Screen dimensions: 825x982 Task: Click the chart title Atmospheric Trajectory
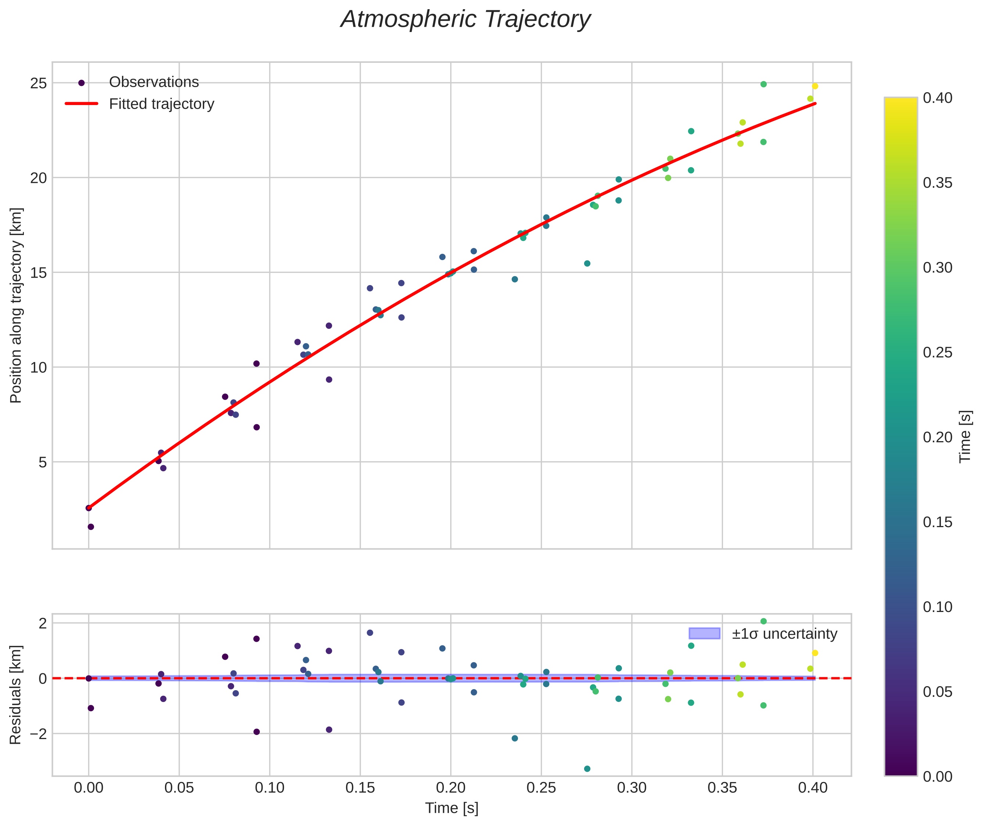click(465, 19)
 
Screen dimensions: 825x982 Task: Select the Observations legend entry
click(154, 82)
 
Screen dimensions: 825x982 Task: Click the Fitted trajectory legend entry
click(161, 104)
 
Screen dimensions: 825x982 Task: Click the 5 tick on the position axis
click(43, 462)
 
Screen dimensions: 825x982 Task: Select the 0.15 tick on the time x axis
click(360, 788)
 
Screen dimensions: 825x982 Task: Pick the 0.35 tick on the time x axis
click(722, 788)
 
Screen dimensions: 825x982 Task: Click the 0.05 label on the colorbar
click(938, 692)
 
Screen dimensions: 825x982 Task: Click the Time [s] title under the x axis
click(452, 808)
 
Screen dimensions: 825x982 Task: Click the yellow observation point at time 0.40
click(815, 86)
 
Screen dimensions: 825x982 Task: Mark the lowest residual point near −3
click(587, 769)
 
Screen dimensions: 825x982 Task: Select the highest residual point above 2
click(763, 621)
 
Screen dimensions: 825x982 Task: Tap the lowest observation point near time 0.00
click(91, 527)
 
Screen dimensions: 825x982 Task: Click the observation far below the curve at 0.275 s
click(587, 263)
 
